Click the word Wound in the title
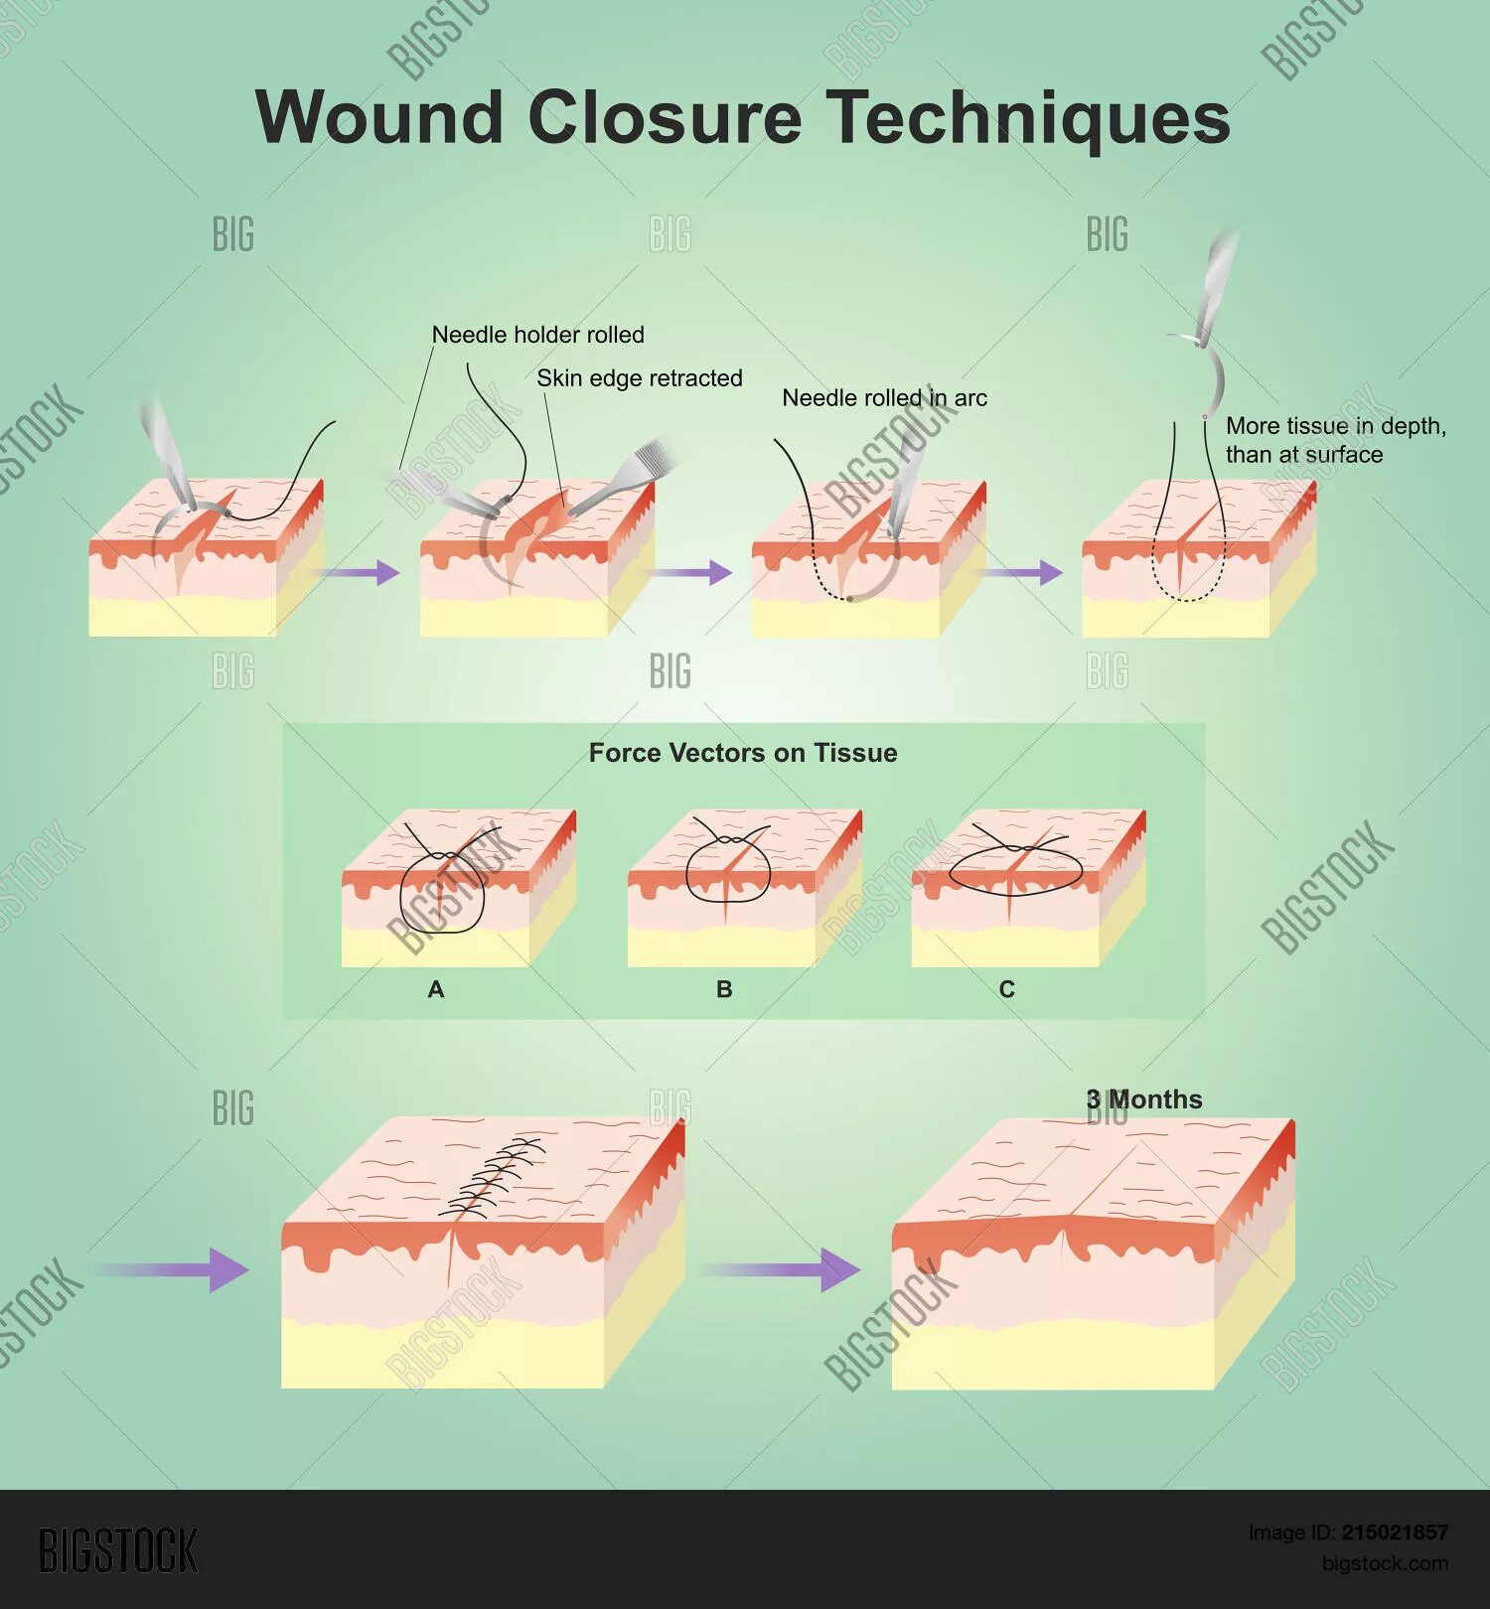tap(379, 117)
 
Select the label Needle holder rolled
tap(537, 335)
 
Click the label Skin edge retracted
tap(639, 378)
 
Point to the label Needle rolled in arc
tap(884, 398)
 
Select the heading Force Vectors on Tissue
tap(743, 753)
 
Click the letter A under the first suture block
tap(435, 989)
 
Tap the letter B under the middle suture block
tap(724, 989)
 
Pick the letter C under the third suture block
tap(1006, 989)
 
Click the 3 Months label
tap(1144, 1099)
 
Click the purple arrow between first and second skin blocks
tap(358, 572)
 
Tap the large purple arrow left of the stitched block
tap(174, 1269)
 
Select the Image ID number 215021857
tap(1394, 1533)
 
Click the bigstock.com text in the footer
tap(1384, 1563)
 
